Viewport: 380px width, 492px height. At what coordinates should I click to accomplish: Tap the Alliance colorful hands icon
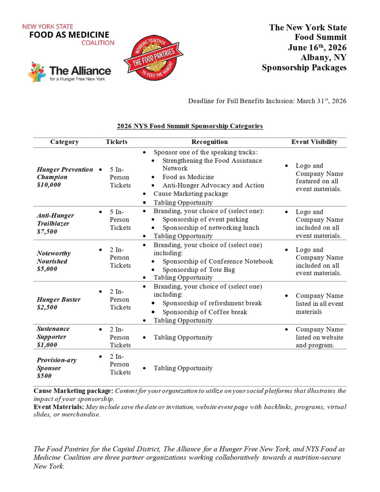coord(37,72)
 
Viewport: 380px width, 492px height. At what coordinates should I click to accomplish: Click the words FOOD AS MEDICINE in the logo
coord(69,35)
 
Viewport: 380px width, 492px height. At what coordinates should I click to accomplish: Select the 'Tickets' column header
coord(116,142)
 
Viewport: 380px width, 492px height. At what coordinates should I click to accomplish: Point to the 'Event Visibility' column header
coord(314,142)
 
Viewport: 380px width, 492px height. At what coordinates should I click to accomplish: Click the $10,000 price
coord(49,185)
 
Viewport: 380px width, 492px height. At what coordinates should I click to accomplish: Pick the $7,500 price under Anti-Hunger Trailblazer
coord(47,232)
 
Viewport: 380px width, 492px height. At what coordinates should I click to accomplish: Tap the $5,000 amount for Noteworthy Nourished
coord(47,269)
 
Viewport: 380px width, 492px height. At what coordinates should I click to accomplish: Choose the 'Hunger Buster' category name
coord(59,299)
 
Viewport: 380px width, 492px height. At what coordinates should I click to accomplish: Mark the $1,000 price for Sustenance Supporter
coord(47,345)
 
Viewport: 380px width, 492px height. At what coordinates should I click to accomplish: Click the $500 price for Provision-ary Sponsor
coord(44,376)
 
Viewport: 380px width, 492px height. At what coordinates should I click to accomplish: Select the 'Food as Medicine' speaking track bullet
coord(188,177)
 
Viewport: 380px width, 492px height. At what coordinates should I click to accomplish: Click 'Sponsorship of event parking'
coord(205,219)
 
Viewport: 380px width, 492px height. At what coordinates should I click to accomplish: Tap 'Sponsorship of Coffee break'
coord(205,312)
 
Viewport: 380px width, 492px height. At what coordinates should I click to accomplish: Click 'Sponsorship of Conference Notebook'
coord(218,262)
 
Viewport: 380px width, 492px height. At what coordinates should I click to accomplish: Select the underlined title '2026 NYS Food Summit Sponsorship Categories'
coord(190,126)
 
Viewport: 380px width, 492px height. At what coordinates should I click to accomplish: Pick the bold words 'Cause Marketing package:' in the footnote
coord(73,391)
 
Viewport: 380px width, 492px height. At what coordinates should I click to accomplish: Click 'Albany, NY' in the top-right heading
coord(323,58)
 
